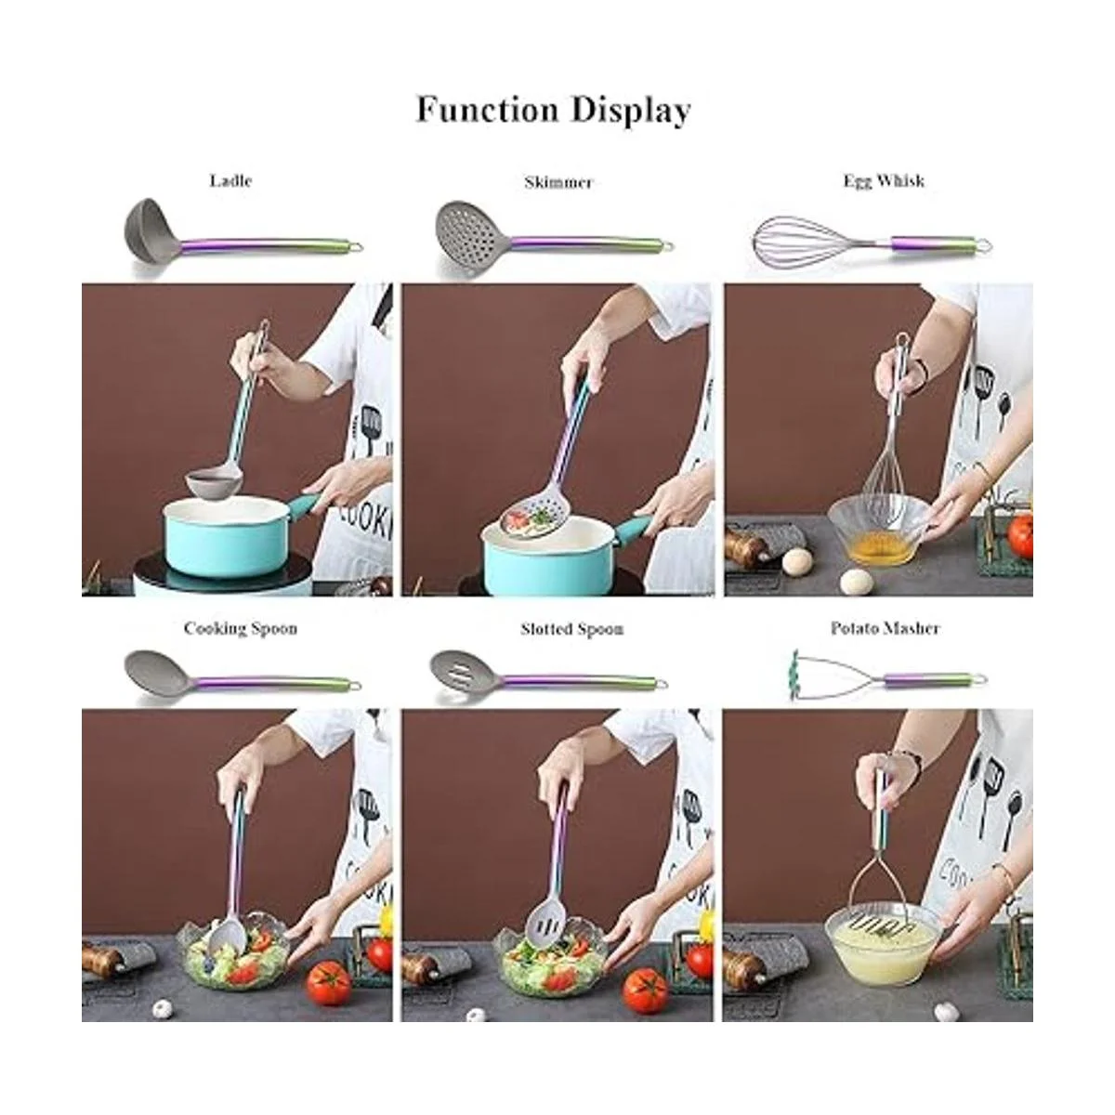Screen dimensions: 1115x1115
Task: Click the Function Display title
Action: click(x=553, y=110)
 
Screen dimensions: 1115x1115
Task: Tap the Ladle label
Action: click(x=230, y=180)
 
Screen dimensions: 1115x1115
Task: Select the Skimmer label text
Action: click(x=557, y=182)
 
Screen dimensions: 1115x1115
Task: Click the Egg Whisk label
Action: click(x=884, y=180)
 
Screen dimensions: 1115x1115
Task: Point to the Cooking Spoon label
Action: click(x=240, y=628)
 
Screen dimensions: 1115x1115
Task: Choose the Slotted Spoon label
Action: click(x=571, y=629)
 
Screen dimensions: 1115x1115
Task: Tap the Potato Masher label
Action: click(x=885, y=628)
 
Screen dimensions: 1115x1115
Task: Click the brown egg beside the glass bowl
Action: click(x=797, y=560)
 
